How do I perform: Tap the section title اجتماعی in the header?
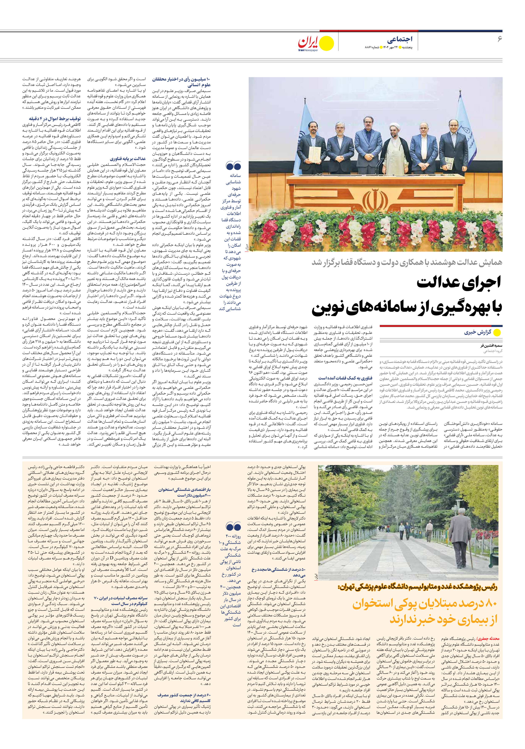pyautogui.click(x=400, y=39)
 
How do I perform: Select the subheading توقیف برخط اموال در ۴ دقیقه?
pyautogui.click(x=55, y=119)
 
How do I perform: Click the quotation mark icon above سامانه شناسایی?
pyautogui.click(x=233, y=166)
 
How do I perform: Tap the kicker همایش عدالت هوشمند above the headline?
pyautogui.click(x=407, y=262)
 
